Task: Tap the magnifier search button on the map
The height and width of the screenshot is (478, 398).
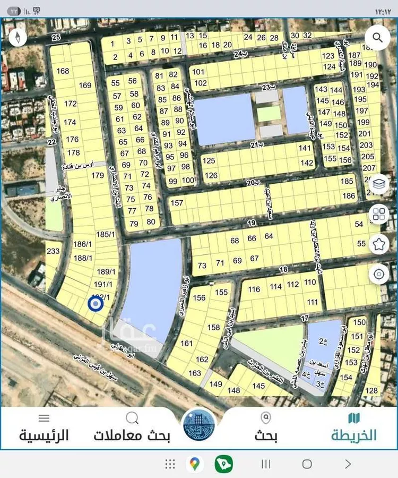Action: coord(377,38)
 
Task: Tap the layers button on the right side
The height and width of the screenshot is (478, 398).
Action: coord(379,184)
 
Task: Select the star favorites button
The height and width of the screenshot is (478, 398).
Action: coord(379,244)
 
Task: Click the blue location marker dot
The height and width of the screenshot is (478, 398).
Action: coord(95,304)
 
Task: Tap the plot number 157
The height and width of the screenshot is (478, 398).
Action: coord(177,203)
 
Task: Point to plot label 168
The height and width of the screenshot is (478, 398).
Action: coord(63,71)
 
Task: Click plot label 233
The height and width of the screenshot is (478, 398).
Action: coord(53,251)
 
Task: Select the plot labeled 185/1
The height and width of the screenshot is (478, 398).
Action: coord(105,234)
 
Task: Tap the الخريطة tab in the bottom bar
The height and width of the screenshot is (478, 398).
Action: coord(354,429)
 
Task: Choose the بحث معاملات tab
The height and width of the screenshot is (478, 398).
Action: coord(132,429)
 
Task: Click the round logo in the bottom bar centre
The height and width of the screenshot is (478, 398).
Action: coord(199,425)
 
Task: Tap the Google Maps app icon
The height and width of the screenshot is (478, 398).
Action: coord(195,464)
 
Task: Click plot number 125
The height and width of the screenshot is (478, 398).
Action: coord(209,160)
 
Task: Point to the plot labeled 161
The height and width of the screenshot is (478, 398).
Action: coord(186,344)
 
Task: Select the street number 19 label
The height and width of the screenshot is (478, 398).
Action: coord(251,223)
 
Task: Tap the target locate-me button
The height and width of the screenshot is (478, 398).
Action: coord(379,274)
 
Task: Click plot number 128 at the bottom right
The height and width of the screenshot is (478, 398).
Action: coord(371,391)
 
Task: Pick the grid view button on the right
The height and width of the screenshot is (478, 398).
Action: coord(379,214)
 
